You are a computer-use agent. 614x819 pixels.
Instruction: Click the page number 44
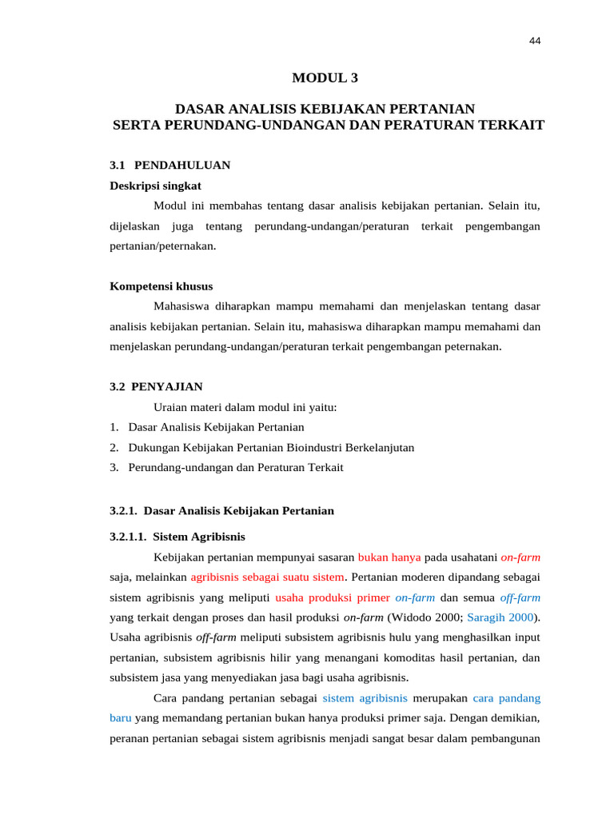click(x=535, y=42)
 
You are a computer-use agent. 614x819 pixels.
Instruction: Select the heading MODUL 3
click(x=325, y=78)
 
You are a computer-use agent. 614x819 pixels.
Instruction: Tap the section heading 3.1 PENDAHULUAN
click(x=169, y=166)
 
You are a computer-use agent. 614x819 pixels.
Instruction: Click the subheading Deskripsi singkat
click(x=155, y=186)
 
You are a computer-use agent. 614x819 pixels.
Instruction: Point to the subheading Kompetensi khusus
click(x=161, y=286)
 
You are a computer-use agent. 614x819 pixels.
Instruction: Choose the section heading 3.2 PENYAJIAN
click(x=155, y=387)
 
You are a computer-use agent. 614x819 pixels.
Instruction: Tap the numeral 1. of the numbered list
click(x=114, y=428)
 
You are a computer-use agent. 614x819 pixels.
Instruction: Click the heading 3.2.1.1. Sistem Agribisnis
click(x=177, y=537)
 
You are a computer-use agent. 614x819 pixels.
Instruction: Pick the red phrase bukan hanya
click(x=389, y=557)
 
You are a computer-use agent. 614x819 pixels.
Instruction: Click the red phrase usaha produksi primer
click(x=333, y=597)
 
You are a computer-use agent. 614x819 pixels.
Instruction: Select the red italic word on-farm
click(x=520, y=557)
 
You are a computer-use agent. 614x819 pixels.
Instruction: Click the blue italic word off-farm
click(x=520, y=597)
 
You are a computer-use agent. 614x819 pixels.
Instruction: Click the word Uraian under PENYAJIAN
click(x=172, y=408)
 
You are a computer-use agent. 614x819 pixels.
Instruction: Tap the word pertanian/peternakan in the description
click(x=162, y=246)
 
